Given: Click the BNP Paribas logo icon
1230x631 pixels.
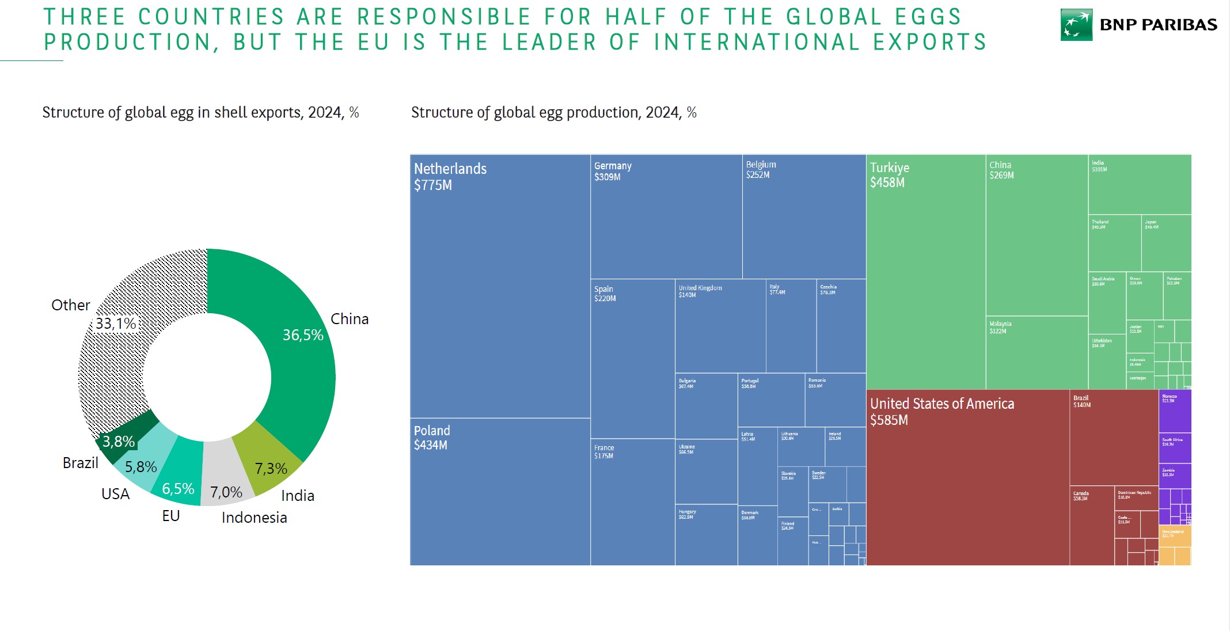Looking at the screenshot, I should [x=1076, y=25].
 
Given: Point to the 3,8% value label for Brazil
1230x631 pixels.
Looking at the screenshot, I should [x=119, y=442].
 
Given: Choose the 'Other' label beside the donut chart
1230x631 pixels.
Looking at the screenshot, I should [x=70, y=305].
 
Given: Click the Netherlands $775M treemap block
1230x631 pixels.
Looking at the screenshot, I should [x=500, y=288].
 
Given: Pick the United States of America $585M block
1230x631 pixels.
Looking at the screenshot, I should [x=967, y=478].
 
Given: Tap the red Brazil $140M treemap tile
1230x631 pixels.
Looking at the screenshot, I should [x=1114, y=438].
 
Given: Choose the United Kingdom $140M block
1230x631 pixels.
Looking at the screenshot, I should [x=720, y=326].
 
